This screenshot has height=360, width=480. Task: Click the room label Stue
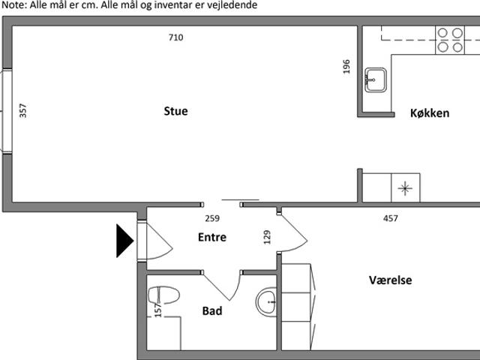[x=175, y=111]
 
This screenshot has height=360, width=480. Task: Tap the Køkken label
[x=430, y=113]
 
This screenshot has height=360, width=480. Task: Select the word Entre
[x=212, y=237]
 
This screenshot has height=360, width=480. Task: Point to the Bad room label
[x=212, y=311]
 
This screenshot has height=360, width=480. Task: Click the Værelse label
[x=390, y=280]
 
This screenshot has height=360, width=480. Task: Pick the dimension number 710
[x=176, y=37]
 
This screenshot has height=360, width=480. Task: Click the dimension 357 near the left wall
[x=23, y=111]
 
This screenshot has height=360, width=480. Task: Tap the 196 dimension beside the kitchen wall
[x=346, y=67]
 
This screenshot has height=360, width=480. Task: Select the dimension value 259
[x=212, y=218]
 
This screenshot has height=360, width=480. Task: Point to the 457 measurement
[x=391, y=218]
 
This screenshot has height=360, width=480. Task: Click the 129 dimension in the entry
[x=267, y=237]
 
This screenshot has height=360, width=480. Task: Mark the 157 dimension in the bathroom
[x=158, y=310]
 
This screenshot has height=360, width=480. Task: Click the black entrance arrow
[x=125, y=241]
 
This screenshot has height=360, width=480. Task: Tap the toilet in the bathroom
[x=163, y=295]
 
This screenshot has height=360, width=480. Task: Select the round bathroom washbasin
[x=266, y=301]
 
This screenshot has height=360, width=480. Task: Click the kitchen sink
[x=376, y=80]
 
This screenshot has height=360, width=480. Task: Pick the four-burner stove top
[x=450, y=40]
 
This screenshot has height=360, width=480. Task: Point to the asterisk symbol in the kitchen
[x=405, y=188]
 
